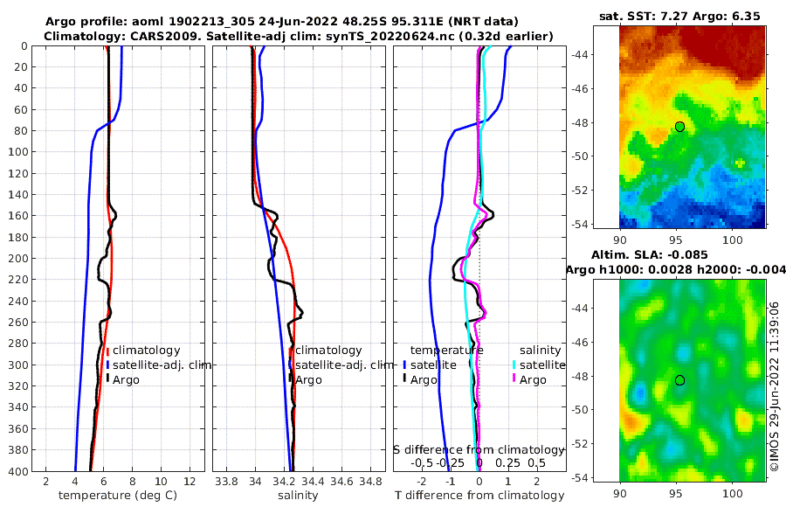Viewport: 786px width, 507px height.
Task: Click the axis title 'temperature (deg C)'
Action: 111,496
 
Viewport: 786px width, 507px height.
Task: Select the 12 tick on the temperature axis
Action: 190,483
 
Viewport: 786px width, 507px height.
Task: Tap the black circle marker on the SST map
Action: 679,127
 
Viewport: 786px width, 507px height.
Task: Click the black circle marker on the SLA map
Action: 679,380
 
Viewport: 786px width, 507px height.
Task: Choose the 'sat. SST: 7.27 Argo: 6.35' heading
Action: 680,16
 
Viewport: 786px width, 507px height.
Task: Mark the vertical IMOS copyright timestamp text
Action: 775,385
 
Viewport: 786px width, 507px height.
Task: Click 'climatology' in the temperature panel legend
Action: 140,350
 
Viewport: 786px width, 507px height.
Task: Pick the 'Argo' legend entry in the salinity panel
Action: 308,379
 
